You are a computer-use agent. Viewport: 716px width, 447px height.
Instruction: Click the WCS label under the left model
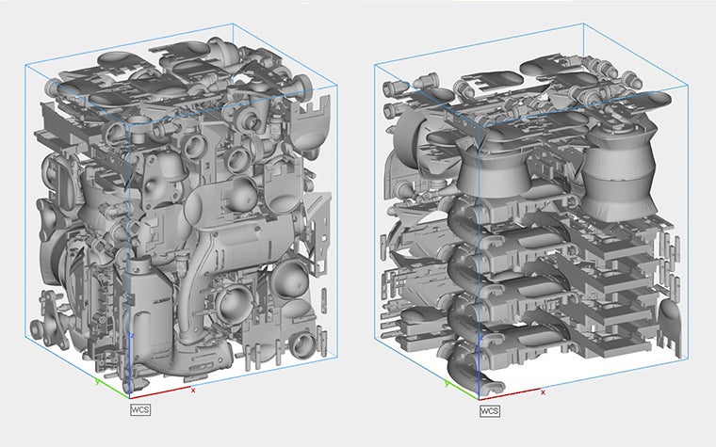[x=140, y=408]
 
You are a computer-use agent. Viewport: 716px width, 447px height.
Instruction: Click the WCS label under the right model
[x=490, y=411]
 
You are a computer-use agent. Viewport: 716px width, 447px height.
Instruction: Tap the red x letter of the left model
[x=193, y=389]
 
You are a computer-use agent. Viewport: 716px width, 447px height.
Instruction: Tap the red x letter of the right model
[x=544, y=391]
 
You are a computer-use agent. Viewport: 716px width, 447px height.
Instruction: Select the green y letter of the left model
[x=97, y=382]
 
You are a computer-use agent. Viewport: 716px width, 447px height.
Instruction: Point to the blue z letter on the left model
[x=133, y=335]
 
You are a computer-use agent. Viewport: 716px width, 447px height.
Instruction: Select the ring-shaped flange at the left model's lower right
[x=306, y=341]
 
